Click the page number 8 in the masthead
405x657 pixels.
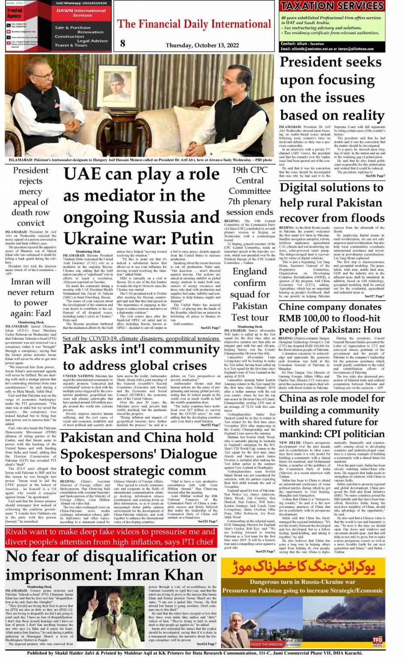[x=123, y=43]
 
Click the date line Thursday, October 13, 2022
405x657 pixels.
[x=196, y=45]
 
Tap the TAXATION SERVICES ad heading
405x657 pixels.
[x=332, y=6]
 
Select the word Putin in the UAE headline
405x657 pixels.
[x=192, y=238]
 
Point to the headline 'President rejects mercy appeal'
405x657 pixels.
[x=31, y=196]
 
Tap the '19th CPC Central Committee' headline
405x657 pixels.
[x=250, y=190]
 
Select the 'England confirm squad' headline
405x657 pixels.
[x=250, y=294]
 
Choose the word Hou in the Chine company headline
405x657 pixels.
[x=372, y=329]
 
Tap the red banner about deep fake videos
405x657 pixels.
[x=110, y=536]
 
